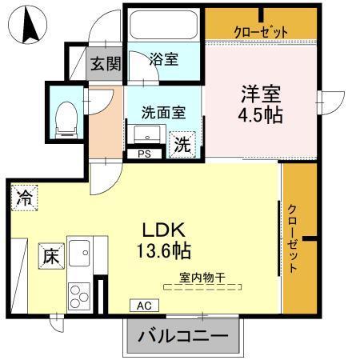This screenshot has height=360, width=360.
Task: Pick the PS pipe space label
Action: coord(145,154)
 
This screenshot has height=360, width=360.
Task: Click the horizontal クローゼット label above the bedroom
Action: coord(261,31)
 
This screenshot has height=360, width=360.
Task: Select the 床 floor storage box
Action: coord(50,258)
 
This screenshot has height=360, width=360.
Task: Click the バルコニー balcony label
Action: coord(182,336)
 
